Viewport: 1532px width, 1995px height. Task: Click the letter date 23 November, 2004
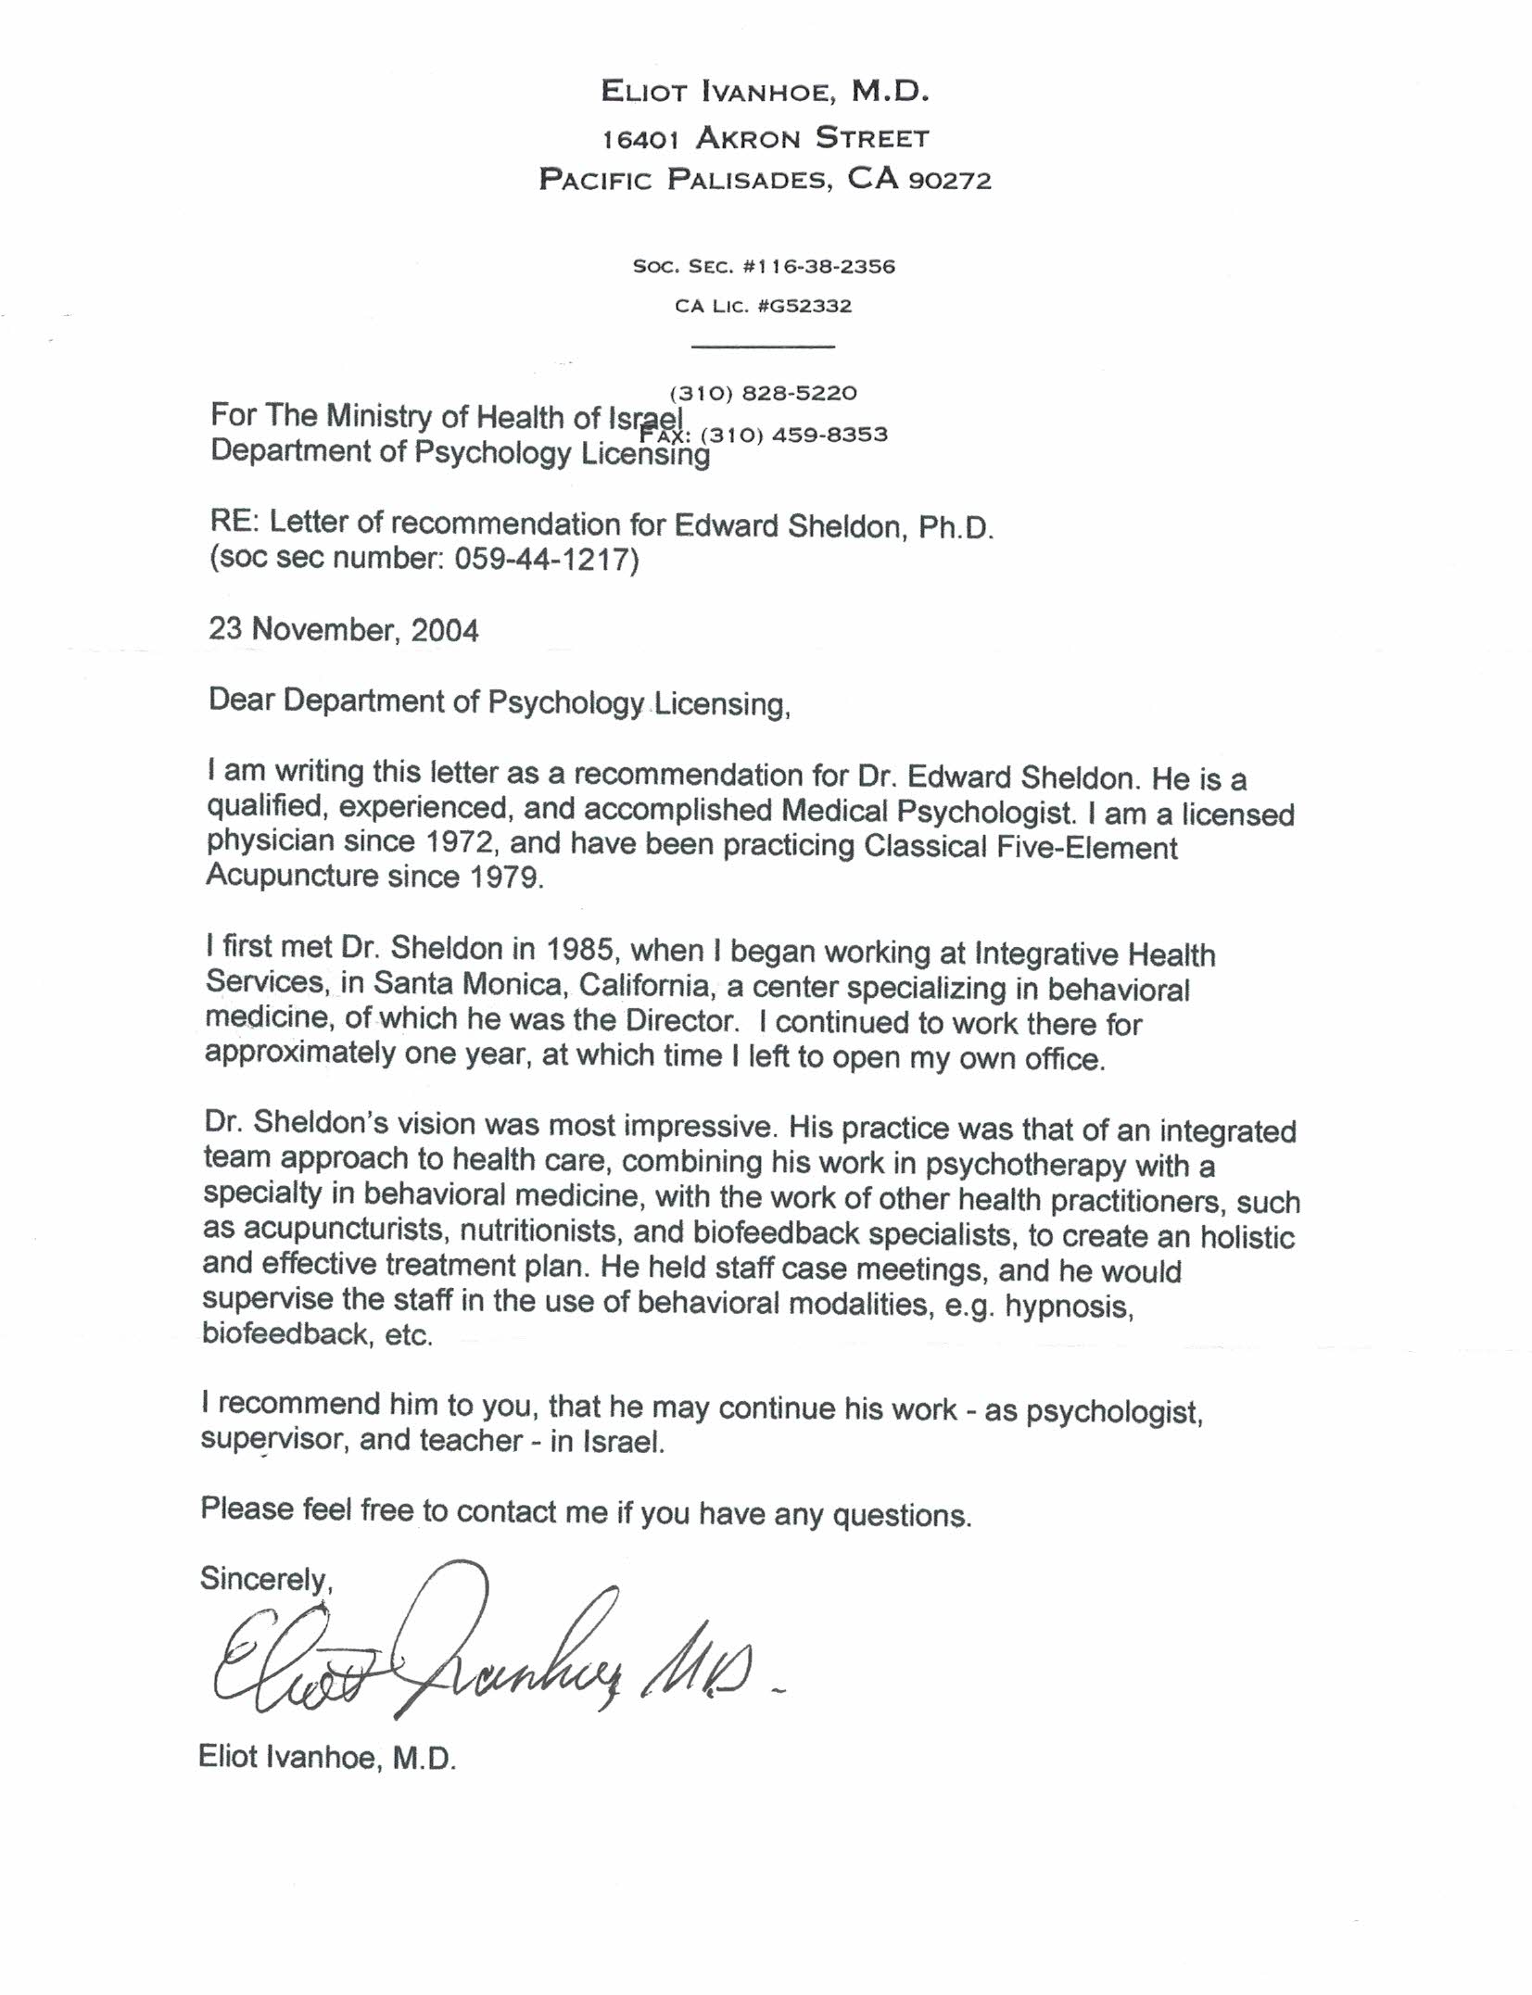pos(343,630)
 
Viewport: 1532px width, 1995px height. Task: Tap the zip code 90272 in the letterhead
pos(950,180)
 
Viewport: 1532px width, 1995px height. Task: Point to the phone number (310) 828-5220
pos(763,393)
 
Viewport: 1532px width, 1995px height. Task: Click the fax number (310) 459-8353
pos(794,435)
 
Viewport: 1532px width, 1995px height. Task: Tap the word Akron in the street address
pos(747,139)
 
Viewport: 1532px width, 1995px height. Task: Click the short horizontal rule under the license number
pos(764,347)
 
